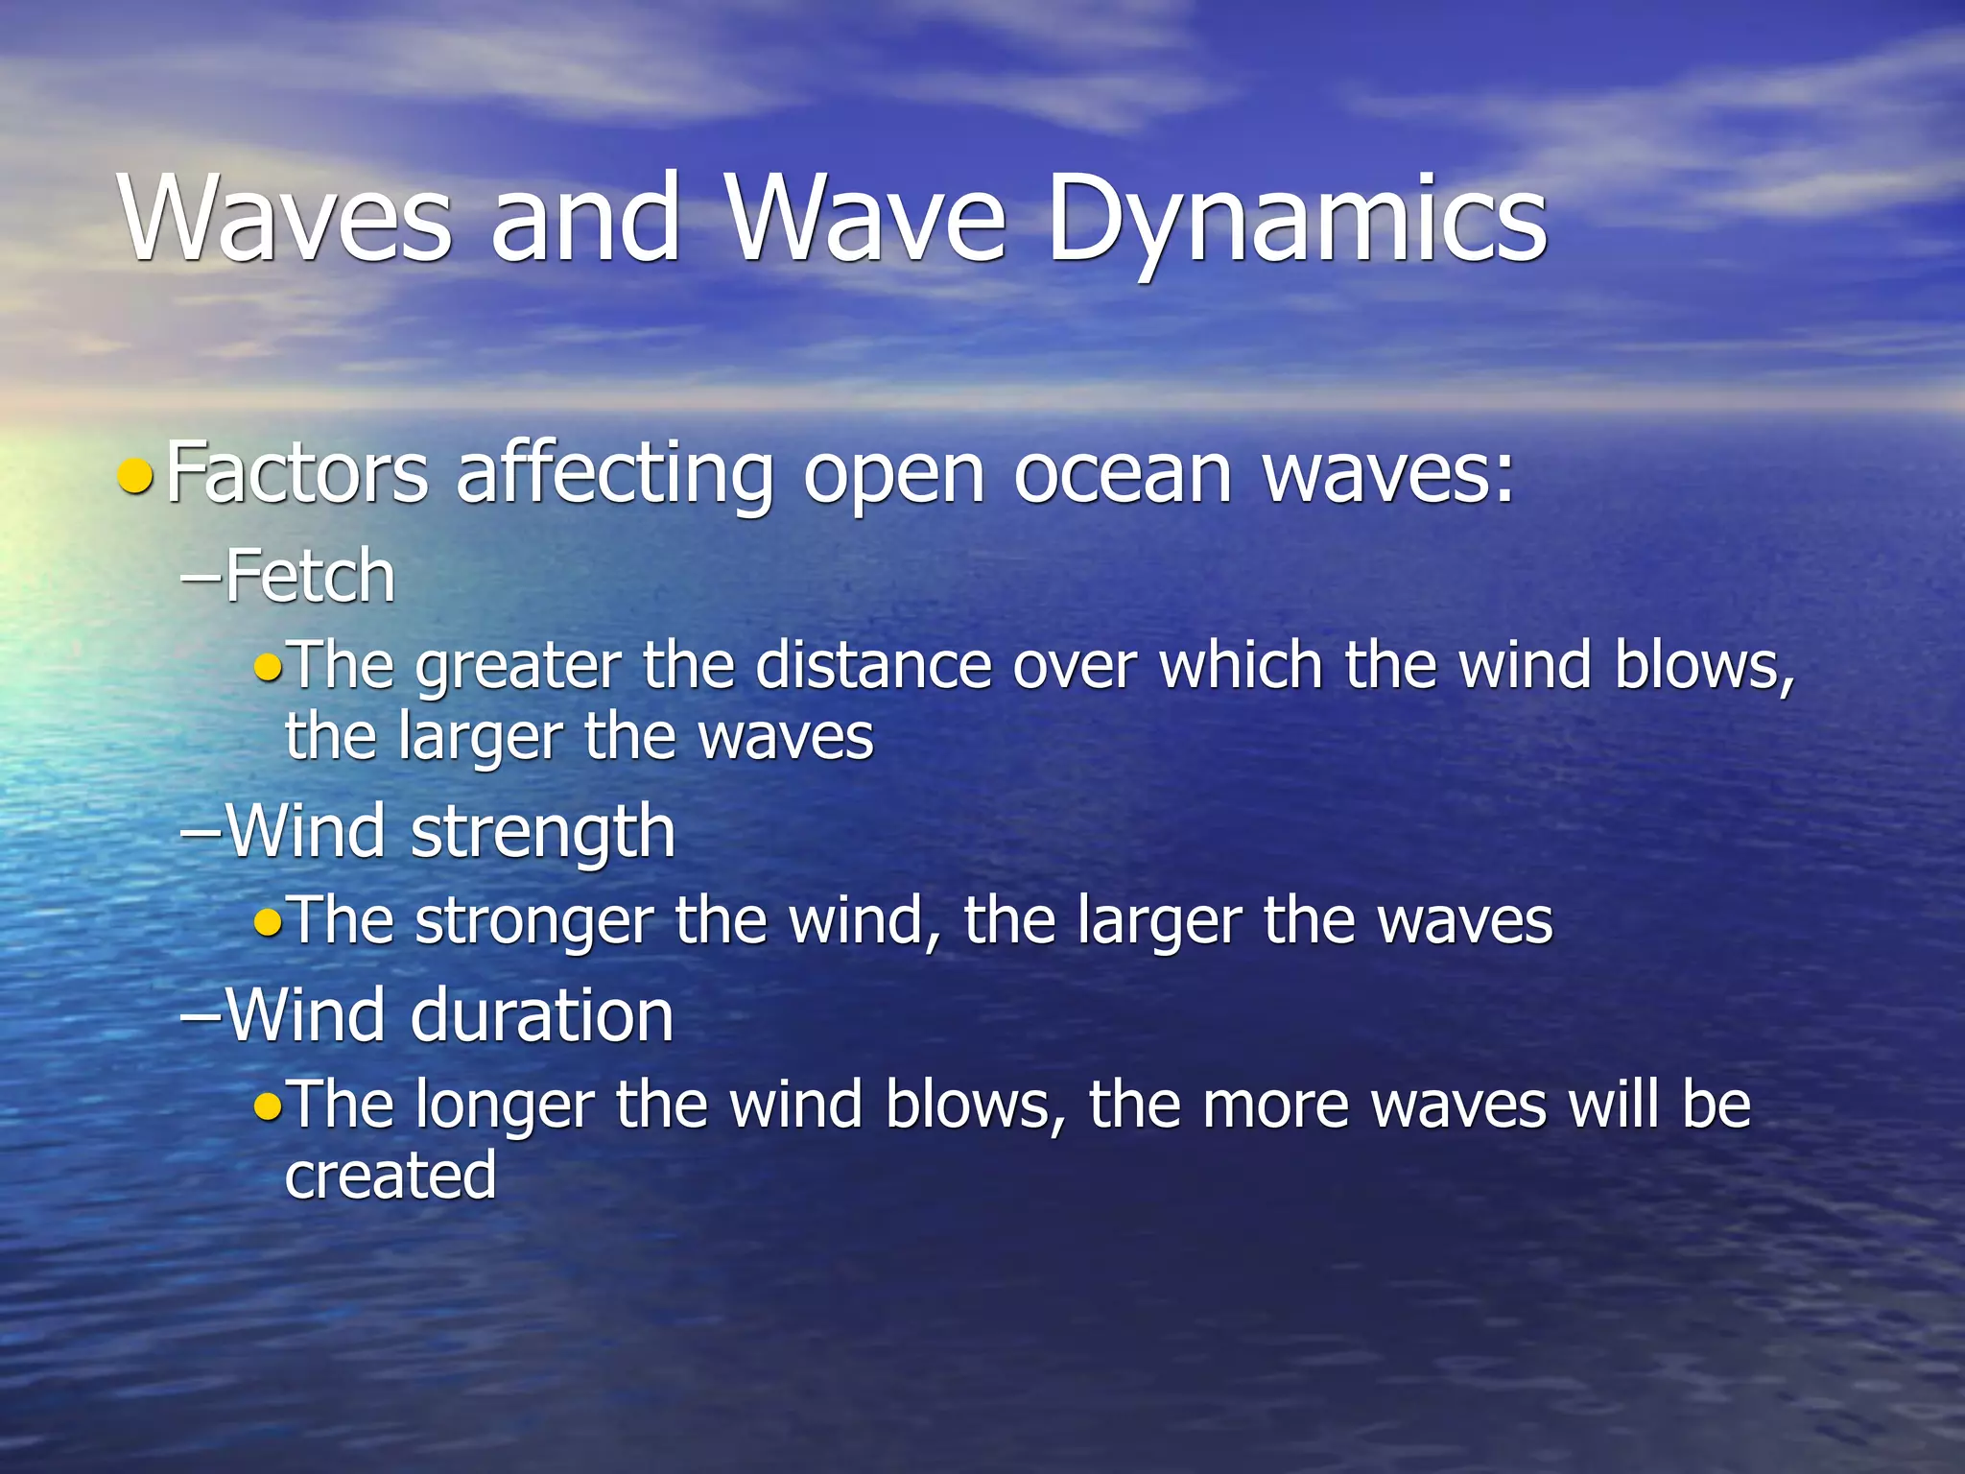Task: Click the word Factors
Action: (296, 472)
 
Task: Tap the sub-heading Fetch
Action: (309, 577)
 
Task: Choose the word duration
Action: (542, 1016)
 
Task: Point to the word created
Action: (390, 1176)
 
